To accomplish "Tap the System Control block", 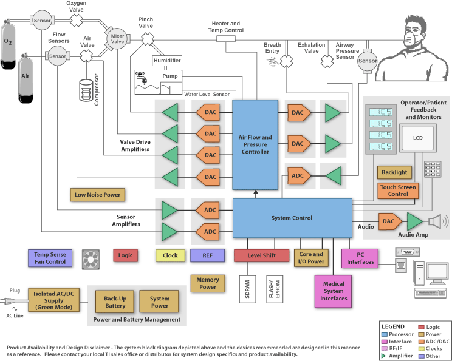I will [293, 218].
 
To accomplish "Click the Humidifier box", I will [167, 61].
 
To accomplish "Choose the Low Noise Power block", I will [98, 195].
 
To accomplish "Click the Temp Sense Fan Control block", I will [50, 258].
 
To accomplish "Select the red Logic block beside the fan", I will [125, 255].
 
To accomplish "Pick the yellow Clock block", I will [170, 255].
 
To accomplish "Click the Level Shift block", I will [262, 255].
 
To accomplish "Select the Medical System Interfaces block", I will [334, 291].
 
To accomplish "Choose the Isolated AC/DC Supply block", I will [54, 299].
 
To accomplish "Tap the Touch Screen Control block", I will [398, 191].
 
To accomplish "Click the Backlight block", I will [395, 172].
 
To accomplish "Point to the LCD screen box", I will [418, 138].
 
